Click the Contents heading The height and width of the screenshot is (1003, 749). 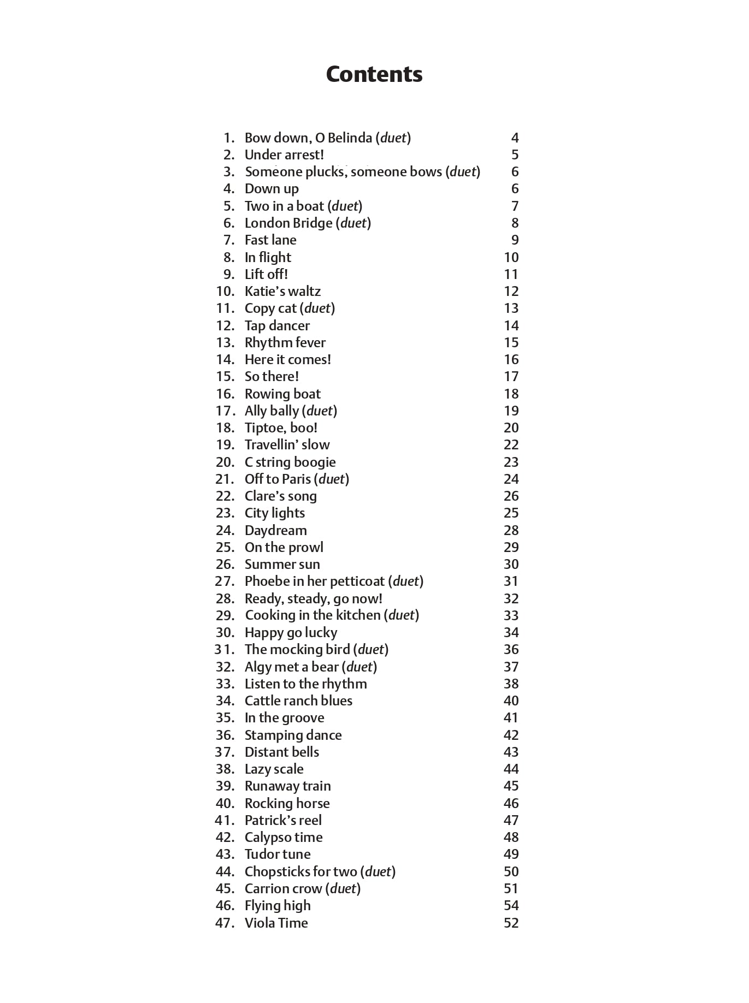point(374,74)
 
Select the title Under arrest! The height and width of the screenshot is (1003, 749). point(284,155)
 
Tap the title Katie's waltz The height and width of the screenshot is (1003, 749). point(282,292)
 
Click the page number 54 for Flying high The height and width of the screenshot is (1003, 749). point(511,906)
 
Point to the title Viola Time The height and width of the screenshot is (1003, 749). point(276,923)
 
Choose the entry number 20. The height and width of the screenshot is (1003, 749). point(225,462)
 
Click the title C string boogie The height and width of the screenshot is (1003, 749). point(290,462)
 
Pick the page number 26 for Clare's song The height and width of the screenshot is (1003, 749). point(511,496)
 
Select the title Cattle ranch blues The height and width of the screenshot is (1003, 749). point(298,701)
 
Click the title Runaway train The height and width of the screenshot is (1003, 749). point(287,786)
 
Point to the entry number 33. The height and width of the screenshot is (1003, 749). point(225,684)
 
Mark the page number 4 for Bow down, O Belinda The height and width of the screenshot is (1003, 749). point(515,138)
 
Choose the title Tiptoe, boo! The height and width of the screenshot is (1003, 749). point(281,428)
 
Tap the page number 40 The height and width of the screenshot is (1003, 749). point(511,701)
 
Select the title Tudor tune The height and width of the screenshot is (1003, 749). point(278,854)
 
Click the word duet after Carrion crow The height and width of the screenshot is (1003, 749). point(343,889)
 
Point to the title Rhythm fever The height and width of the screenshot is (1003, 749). point(285,343)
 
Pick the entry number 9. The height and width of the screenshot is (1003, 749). point(228,275)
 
